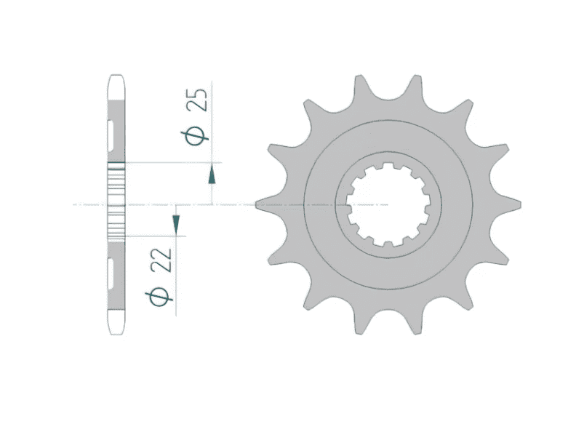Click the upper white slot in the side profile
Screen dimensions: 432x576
113,130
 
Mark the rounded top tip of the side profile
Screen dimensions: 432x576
116,76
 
